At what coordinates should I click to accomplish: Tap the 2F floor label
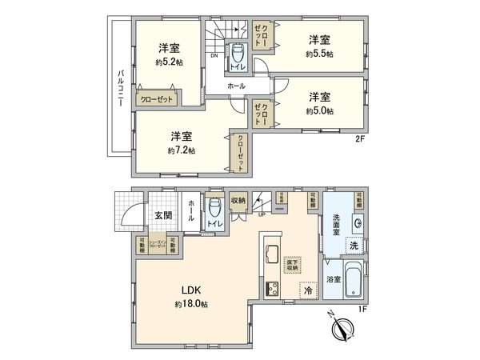click(360, 138)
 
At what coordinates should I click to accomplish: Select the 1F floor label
click(362, 308)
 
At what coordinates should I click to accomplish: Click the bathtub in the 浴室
click(353, 280)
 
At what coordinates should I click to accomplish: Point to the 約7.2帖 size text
click(182, 150)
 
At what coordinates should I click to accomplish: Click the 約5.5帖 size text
click(320, 54)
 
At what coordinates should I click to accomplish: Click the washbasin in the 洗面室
click(358, 225)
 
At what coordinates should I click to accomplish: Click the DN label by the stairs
click(214, 57)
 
